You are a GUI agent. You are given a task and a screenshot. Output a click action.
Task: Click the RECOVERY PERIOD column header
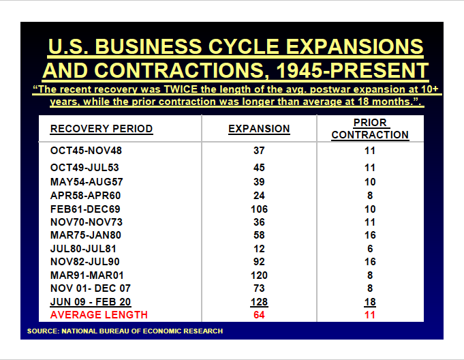point(102,129)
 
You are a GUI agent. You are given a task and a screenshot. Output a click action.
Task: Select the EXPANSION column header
point(259,129)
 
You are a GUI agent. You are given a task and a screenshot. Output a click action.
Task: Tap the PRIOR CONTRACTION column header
point(370,129)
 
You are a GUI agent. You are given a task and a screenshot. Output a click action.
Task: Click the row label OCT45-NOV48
point(86,151)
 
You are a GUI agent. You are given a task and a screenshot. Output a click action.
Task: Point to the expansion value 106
point(259,209)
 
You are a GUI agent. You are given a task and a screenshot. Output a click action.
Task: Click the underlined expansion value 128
point(259,302)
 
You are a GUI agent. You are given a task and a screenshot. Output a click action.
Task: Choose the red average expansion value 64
point(259,314)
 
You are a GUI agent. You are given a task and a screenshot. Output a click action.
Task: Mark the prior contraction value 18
point(370,302)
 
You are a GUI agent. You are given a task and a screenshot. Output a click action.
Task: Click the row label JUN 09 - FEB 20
point(91,302)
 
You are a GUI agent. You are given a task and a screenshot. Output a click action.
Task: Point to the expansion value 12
point(259,247)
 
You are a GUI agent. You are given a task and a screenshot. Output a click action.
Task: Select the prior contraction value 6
point(370,247)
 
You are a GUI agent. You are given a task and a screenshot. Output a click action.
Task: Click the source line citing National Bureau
point(125,331)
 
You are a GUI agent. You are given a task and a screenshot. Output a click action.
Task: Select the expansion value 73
point(259,288)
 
